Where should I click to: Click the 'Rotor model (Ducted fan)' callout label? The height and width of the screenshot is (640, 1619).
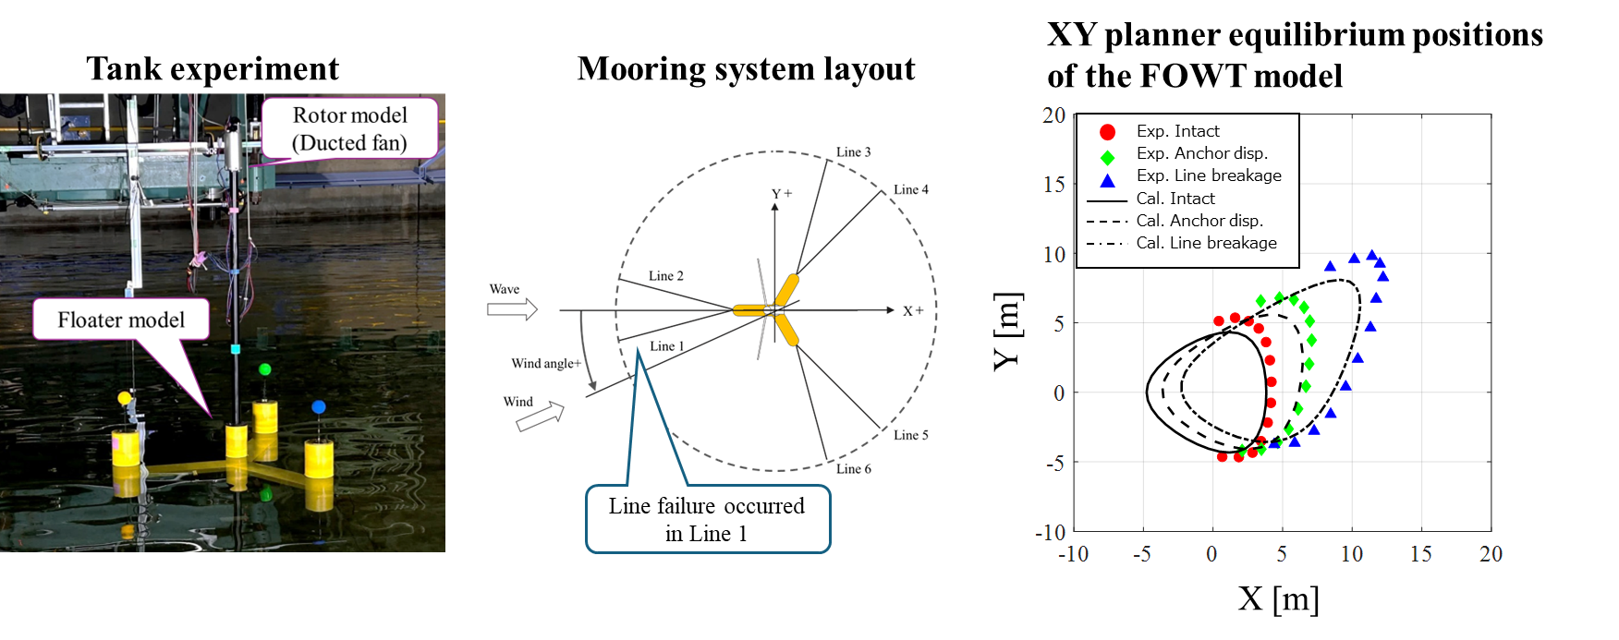[x=349, y=128]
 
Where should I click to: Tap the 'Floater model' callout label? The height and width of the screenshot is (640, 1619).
[x=121, y=320]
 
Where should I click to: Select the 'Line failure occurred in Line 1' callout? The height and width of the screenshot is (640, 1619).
[x=707, y=519]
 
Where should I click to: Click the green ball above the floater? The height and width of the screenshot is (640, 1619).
[x=265, y=369]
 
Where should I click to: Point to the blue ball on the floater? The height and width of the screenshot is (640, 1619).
[x=319, y=406]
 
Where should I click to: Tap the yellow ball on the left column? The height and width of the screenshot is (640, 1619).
[x=125, y=398]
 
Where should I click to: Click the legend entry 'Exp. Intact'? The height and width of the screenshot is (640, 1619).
[x=1177, y=131]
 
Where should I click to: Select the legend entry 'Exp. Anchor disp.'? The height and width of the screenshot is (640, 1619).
[x=1201, y=153]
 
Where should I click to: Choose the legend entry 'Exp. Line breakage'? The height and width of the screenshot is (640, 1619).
[x=1209, y=175]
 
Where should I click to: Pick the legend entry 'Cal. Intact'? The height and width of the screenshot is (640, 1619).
[x=1175, y=199]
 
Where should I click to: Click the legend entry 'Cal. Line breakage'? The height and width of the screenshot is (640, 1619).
[x=1206, y=243]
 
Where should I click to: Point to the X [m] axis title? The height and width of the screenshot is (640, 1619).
[x=1278, y=598]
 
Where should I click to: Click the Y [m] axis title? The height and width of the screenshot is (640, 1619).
[x=1007, y=331]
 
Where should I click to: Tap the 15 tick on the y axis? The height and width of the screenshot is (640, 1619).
[x=1054, y=185]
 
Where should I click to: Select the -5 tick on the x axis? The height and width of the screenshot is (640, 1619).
[x=1142, y=554]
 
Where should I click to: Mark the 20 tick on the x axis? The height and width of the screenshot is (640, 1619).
[x=1491, y=554]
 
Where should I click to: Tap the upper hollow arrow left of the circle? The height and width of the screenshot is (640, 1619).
[x=512, y=309]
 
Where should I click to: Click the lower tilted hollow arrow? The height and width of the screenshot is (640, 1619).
[x=541, y=417]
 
